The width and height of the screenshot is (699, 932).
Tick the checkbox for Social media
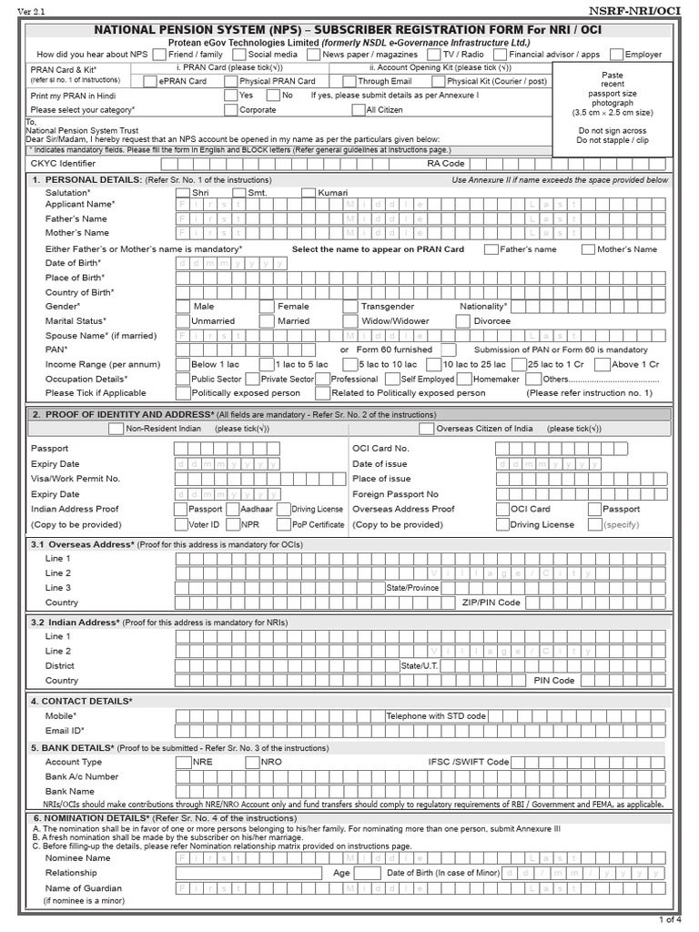239,55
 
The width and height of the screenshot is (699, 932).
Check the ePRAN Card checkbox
150,81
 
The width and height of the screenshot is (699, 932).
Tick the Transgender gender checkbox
350,307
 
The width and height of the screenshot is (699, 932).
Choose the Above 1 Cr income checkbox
603,364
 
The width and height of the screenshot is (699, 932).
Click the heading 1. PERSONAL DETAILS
86,180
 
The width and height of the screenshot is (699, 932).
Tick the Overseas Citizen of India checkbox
427,429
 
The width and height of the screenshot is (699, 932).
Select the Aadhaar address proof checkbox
233,510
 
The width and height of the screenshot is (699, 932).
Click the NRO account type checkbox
254,762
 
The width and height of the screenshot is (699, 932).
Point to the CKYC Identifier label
63,164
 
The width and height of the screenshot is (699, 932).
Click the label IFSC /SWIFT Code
469,762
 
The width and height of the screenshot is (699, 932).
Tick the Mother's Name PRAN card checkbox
589,249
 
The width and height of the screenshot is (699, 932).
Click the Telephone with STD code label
436,716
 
